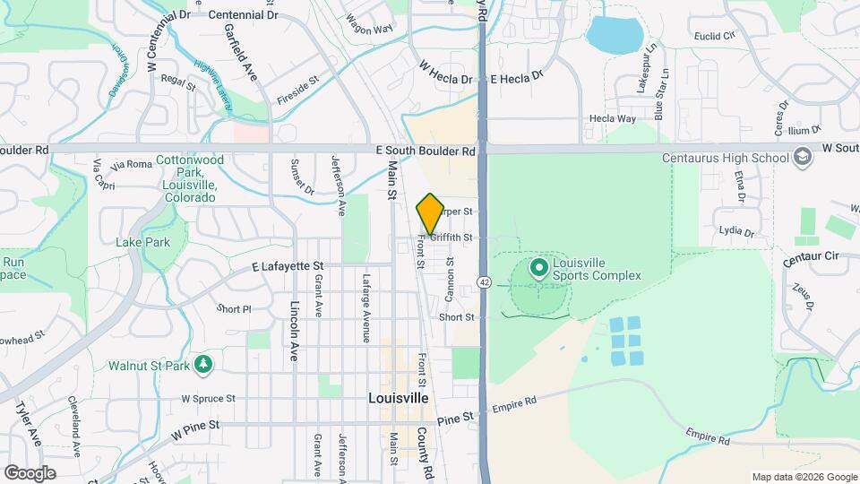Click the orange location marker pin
(430, 214)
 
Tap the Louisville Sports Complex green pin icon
(538, 268)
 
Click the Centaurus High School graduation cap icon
(802, 158)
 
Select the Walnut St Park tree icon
(204, 364)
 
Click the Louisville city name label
(398, 397)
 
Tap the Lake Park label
(142, 242)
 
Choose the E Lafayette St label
(287, 266)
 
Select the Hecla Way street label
(612, 118)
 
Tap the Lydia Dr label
(736, 231)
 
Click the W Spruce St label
(208, 398)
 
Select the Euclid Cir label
(713, 36)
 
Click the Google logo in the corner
(30, 472)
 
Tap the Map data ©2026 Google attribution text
(804, 477)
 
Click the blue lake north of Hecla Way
(615, 34)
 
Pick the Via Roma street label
(132, 165)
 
